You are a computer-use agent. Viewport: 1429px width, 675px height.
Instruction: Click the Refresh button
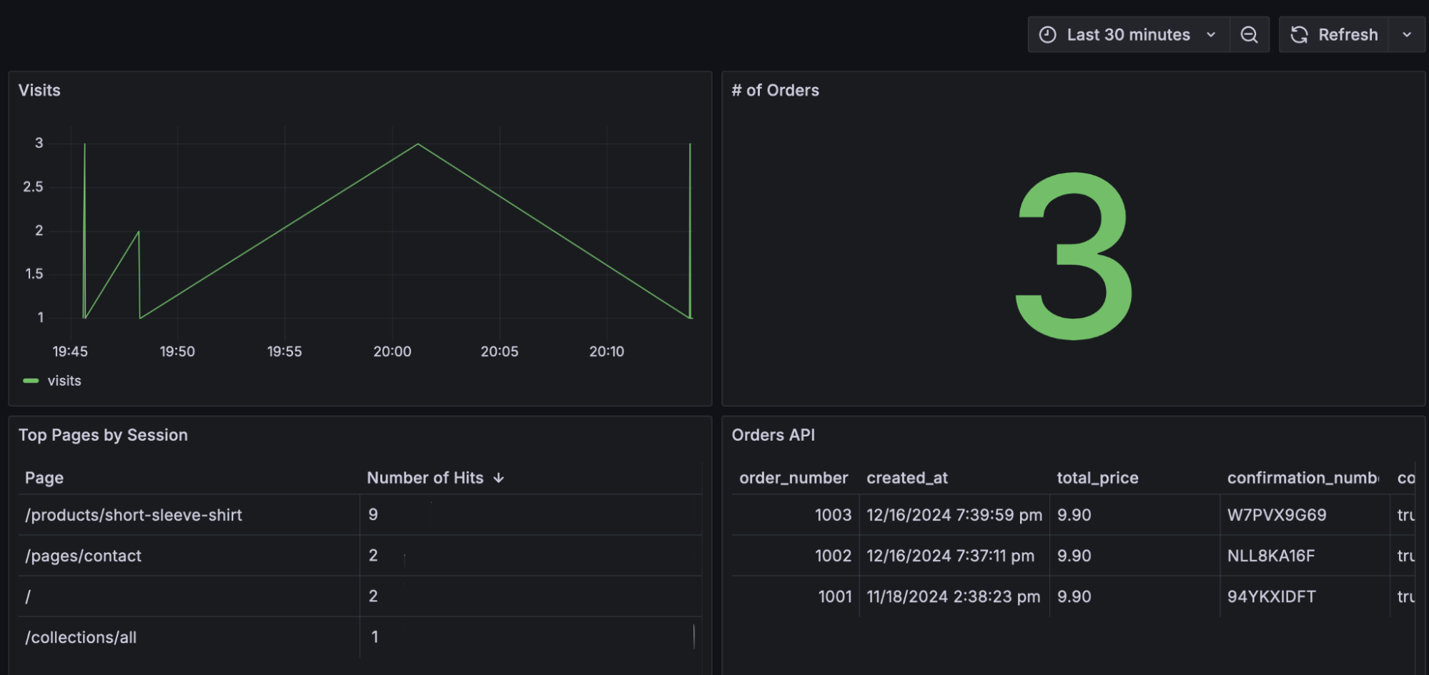coord(1334,35)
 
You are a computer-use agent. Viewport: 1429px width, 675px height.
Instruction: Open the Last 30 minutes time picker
coord(1127,35)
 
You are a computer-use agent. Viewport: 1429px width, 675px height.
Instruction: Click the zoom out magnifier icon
coord(1249,35)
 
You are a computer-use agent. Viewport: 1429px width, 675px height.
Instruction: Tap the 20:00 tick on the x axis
coord(392,351)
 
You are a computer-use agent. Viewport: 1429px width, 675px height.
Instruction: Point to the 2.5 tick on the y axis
coord(33,187)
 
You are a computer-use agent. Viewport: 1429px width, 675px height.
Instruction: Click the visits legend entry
coord(64,381)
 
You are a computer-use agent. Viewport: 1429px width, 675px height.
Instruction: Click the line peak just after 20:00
coord(418,144)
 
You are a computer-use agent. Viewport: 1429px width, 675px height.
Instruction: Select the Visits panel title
coord(39,91)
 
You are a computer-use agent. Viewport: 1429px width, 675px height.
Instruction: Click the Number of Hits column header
coord(425,478)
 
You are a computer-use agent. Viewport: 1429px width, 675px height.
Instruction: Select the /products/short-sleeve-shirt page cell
coord(134,515)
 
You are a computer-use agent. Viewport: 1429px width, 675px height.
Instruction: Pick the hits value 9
coord(373,515)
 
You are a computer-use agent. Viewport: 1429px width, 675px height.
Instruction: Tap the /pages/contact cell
coord(83,556)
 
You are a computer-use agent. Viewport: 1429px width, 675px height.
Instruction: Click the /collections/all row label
coord(81,637)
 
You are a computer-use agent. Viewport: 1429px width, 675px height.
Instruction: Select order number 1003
coord(833,515)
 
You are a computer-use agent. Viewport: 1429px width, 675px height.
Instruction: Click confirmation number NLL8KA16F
coord(1270,556)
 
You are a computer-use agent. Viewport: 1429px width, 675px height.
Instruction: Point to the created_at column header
coord(906,478)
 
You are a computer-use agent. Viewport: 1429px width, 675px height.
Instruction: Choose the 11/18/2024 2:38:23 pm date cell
coord(953,596)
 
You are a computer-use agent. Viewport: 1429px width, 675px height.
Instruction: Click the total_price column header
coord(1097,478)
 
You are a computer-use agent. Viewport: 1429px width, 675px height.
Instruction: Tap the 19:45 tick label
coord(70,351)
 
